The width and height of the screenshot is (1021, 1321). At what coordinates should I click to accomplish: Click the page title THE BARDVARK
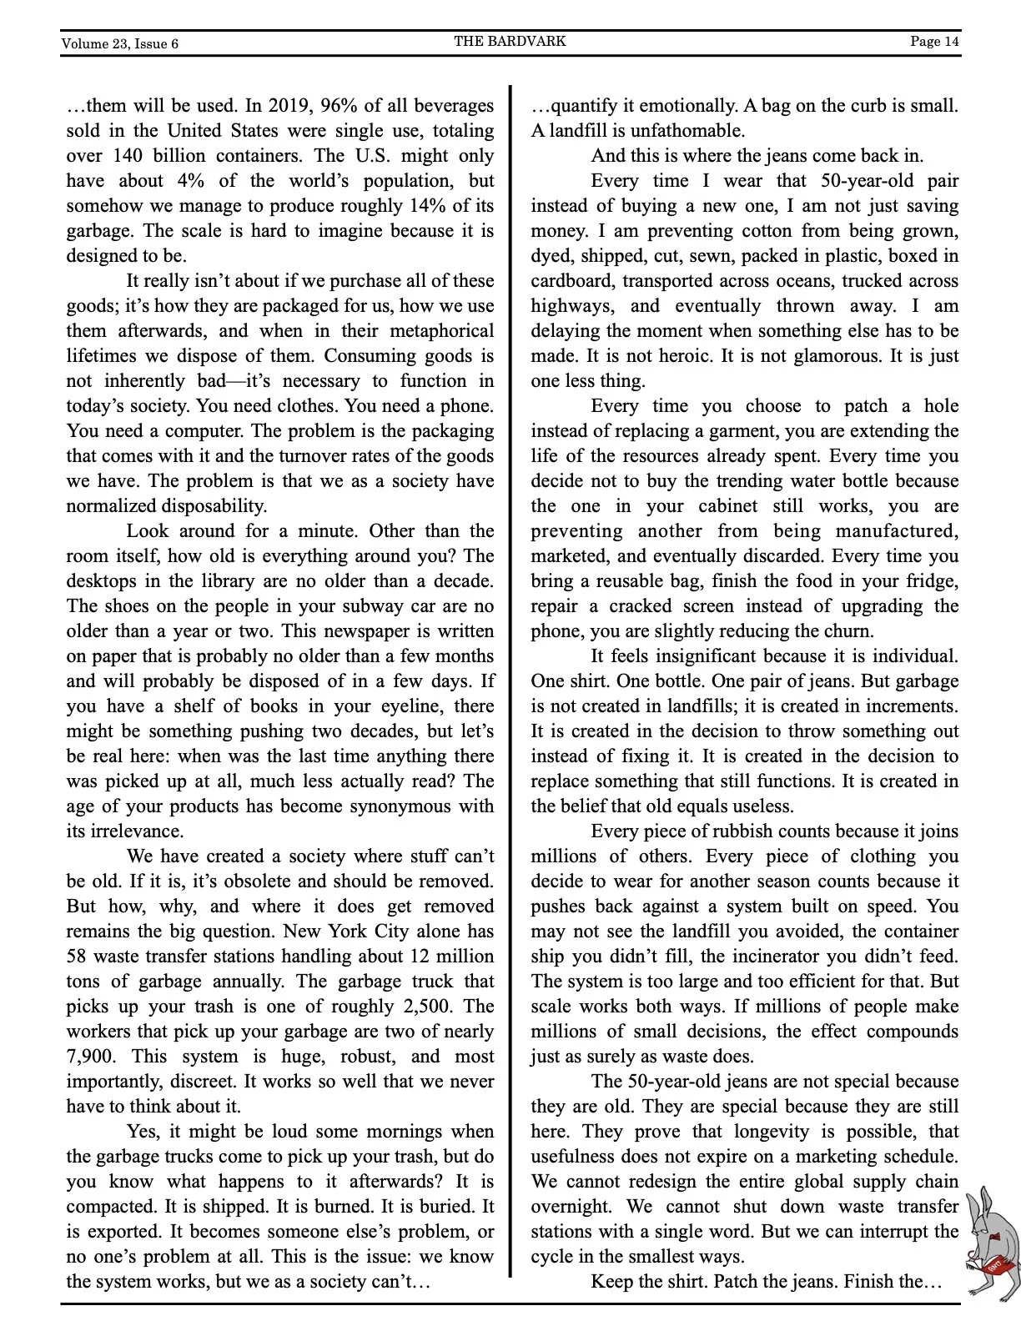pyautogui.click(x=510, y=41)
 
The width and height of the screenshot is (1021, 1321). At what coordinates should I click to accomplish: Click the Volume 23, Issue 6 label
pyautogui.click(x=119, y=43)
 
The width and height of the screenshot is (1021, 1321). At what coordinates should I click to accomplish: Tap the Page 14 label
pyautogui.click(x=935, y=41)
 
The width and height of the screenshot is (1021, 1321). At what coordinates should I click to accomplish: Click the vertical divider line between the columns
pyautogui.click(x=510, y=667)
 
